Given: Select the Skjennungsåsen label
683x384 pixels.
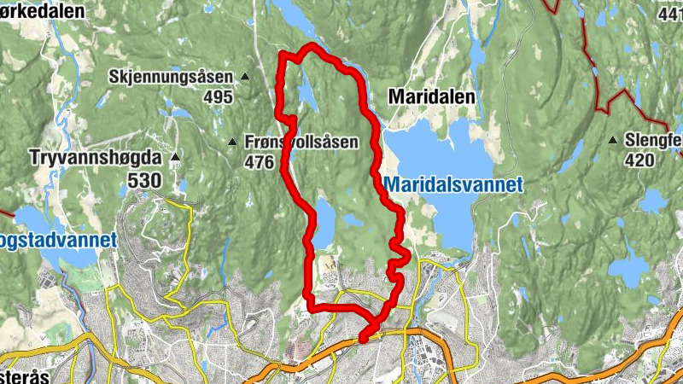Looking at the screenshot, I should (x=170, y=77).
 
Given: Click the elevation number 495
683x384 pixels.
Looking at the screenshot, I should (x=218, y=97).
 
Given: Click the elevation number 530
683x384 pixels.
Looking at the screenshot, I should (x=144, y=179).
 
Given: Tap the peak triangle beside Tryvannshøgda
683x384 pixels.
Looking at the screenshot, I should (x=175, y=157).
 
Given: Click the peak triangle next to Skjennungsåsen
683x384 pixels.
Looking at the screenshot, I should (x=245, y=77).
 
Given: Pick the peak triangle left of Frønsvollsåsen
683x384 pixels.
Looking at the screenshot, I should (x=233, y=142).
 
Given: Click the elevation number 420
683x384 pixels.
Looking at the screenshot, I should (x=639, y=160).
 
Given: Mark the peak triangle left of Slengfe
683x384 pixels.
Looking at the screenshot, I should (x=613, y=140).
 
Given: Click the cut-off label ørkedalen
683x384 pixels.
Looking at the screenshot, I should (x=43, y=11).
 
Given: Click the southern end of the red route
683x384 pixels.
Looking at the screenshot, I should (x=365, y=338).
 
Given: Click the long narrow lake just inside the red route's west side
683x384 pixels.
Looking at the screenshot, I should (x=324, y=223).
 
